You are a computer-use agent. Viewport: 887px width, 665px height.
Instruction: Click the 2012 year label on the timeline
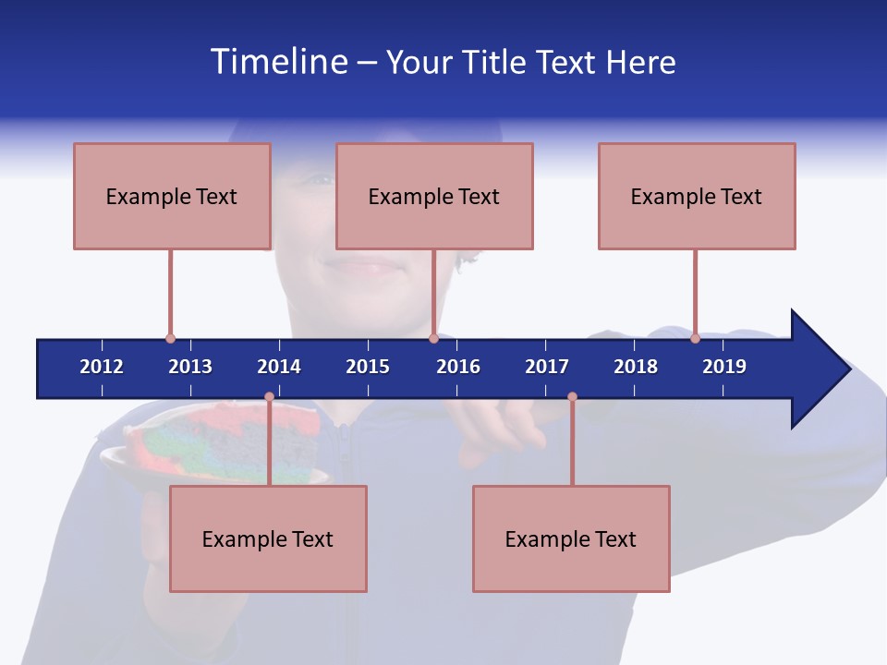102,367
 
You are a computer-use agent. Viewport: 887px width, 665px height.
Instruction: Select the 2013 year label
190,367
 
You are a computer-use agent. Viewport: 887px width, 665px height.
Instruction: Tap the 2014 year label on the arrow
279,367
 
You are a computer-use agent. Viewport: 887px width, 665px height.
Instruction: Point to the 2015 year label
368,367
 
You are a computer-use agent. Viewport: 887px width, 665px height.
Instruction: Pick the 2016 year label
458,367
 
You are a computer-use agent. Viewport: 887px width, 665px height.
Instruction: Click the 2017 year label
547,367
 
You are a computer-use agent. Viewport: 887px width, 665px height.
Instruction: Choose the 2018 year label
636,367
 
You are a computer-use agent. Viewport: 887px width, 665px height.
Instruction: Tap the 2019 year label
724,367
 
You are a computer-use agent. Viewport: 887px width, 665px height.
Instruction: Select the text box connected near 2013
172,196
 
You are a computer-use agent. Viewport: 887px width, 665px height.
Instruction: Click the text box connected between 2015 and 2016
434,196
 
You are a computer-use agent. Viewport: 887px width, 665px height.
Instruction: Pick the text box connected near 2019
697,196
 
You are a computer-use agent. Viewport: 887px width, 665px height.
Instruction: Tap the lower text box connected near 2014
268,538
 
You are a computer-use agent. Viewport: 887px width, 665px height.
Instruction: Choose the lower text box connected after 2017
571,538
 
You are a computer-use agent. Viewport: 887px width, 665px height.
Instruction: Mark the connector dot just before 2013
170,339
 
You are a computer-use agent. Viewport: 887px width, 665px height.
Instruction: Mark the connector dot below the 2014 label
269,397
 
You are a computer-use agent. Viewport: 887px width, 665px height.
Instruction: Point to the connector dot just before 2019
695,339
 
